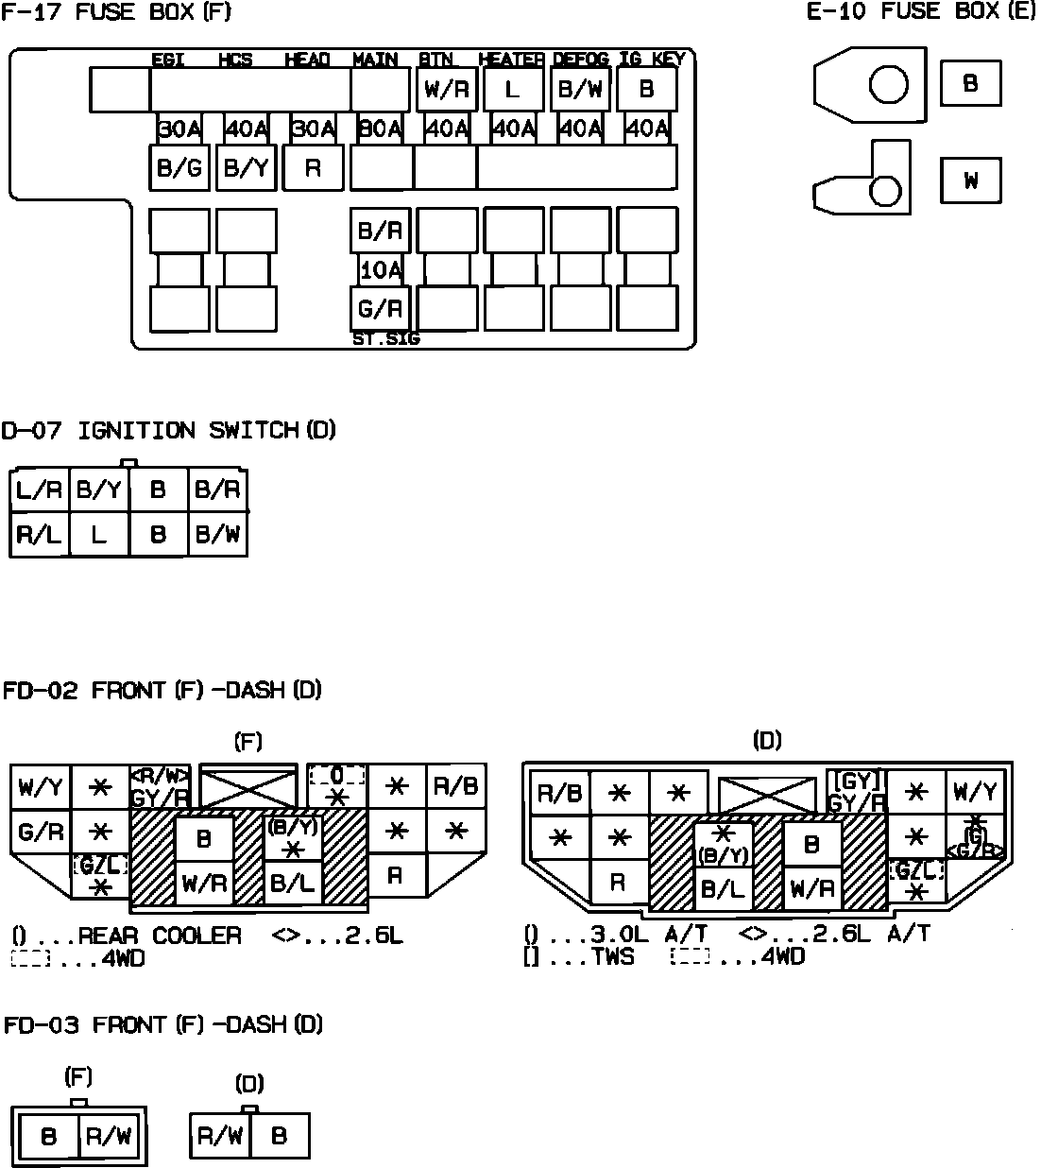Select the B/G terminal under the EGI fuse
[179, 168]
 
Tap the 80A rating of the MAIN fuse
[381, 129]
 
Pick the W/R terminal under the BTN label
[447, 90]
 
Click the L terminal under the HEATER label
[512, 90]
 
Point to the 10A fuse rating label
[381, 270]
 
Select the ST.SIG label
[385, 338]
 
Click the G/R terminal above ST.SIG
[380, 308]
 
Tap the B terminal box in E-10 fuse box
[970, 83]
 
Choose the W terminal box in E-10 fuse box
[970, 180]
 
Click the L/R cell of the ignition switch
[39, 490]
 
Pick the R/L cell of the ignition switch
[39, 535]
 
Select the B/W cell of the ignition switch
[217, 535]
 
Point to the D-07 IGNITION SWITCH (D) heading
[168, 431]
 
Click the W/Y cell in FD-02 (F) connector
[40, 787]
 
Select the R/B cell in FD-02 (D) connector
[559, 794]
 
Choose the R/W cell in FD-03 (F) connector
[109, 1136]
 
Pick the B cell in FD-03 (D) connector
[279, 1135]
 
